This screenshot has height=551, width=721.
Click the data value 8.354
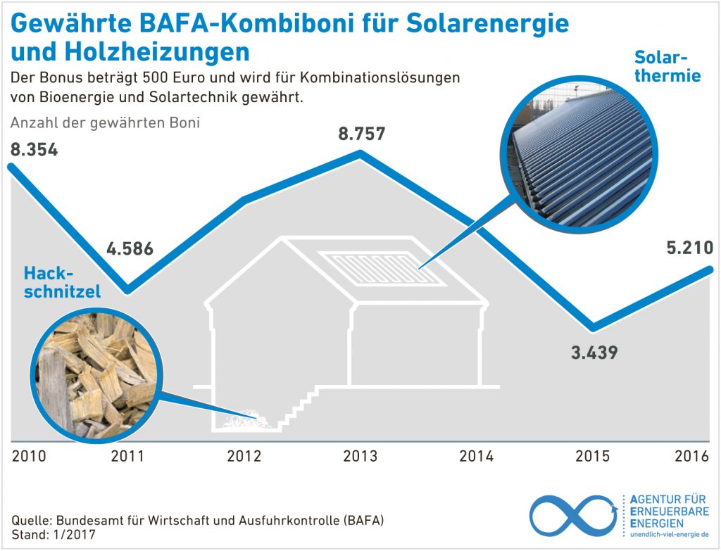(x=34, y=150)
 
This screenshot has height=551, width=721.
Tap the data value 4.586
(x=130, y=249)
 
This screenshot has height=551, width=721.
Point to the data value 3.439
(x=594, y=352)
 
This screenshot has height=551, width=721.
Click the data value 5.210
(x=689, y=248)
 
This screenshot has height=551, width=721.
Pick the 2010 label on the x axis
(x=29, y=456)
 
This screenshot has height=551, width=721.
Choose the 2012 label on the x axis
(x=244, y=456)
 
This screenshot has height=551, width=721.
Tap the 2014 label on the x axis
(x=477, y=456)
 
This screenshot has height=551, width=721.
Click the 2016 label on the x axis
(x=691, y=456)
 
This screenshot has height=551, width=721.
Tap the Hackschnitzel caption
(x=62, y=282)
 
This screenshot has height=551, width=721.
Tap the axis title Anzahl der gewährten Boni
(x=106, y=123)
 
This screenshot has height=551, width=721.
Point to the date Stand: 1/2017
(x=53, y=535)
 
